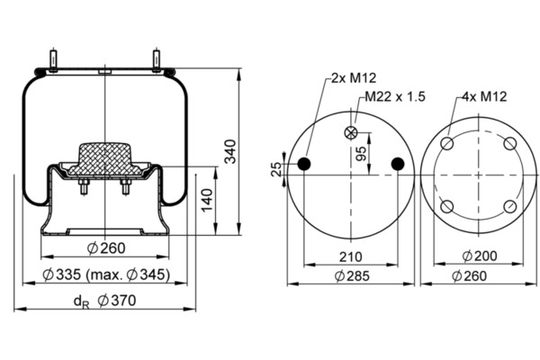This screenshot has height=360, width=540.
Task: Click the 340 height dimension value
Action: tap(230, 151)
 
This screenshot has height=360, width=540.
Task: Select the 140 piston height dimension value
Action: tap(207, 200)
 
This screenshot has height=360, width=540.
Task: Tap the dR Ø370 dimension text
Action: tap(105, 301)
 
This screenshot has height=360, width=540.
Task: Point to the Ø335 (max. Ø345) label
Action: tap(106, 274)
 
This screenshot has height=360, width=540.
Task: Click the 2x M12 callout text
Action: tap(354, 78)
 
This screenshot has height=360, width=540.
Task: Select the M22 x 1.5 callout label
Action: tap(395, 96)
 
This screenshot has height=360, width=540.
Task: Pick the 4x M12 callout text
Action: tap(484, 96)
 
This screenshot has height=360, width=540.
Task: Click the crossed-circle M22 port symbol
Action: tap(351, 132)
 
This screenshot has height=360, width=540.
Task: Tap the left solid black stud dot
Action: tap(304, 164)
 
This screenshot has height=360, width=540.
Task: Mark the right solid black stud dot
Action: tap(398, 164)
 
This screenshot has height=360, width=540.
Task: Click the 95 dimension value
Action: tap(361, 154)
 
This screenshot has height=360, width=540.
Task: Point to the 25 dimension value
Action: tap(276, 169)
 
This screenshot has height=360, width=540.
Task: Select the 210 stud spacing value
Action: tap(351, 256)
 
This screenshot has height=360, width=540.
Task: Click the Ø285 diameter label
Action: tap(352, 275)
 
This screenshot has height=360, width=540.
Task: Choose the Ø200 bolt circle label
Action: tap(480, 256)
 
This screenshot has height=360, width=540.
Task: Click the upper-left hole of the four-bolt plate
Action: tap(447, 143)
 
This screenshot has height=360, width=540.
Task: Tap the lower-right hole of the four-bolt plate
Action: tap(510, 207)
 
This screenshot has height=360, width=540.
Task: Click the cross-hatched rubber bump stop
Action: tap(104, 158)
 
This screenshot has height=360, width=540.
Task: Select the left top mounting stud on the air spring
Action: tap(53, 61)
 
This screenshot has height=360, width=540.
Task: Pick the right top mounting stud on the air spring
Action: tap(157, 61)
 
